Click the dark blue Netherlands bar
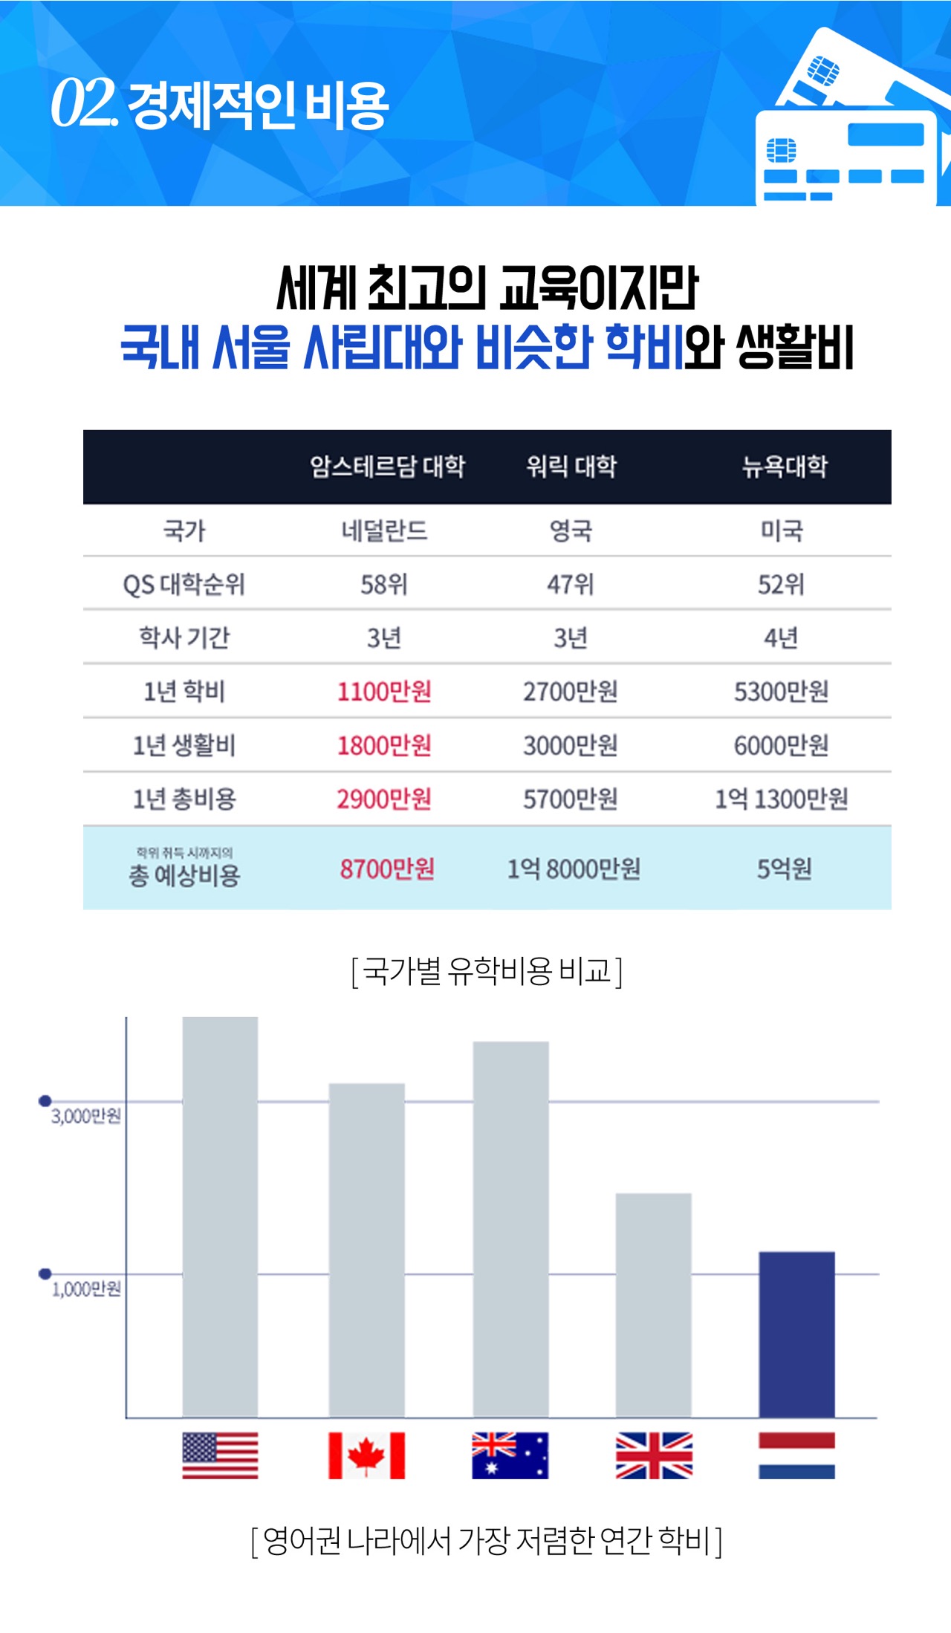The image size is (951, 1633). [x=796, y=1334]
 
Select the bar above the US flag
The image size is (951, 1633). [x=220, y=1217]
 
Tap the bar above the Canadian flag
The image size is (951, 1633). [x=367, y=1250]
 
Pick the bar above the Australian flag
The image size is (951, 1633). [x=511, y=1230]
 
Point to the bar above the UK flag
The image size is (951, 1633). [x=654, y=1305]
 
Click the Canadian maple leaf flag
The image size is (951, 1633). [x=367, y=1455]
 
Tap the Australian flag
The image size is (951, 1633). [x=510, y=1455]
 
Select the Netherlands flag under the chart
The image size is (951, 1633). [x=796, y=1455]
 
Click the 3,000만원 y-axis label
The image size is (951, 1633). [x=86, y=1116]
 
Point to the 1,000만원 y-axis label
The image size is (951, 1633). [x=86, y=1289]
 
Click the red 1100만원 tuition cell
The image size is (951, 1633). [x=384, y=692]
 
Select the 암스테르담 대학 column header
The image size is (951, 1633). [x=387, y=467]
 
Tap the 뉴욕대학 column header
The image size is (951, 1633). [x=785, y=467]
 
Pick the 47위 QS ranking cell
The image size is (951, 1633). [x=571, y=585]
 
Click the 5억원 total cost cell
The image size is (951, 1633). [x=785, y=869]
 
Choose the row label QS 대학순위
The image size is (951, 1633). [x=184, y=585]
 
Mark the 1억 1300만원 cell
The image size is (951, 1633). [x=782, y=799]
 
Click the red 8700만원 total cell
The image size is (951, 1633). [x=387, y=869]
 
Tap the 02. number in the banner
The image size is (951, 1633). [x=84, y=103]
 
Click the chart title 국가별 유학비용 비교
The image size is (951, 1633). [x=487, y=971]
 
